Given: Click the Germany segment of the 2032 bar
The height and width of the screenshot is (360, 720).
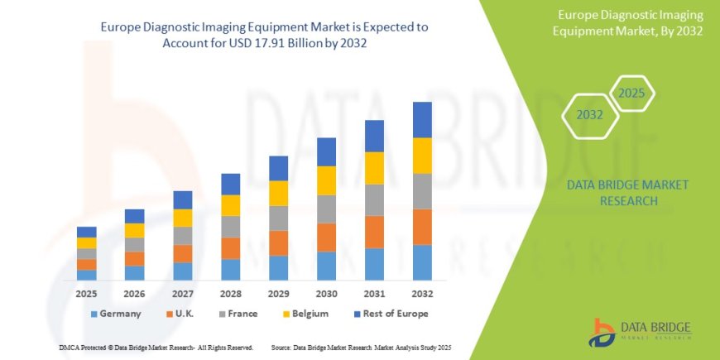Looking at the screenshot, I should [x=422, y=262].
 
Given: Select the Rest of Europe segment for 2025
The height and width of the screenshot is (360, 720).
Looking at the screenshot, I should [x=86, y=232].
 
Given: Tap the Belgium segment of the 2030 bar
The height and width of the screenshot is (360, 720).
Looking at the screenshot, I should [x=326, y=180].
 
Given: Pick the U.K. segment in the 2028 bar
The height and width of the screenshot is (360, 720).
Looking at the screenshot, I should [x=230, y=248].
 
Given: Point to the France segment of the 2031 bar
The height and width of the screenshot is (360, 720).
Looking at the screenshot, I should [x=374, y=200].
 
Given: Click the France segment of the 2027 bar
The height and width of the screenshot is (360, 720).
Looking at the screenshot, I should [x=182, y=236].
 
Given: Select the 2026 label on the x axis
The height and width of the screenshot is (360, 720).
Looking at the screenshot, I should [x=134, y=293].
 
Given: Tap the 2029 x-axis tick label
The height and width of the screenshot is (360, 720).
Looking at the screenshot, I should [x=278, y=293].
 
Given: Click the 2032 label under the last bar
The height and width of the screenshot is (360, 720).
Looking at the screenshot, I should [x=422, y=293].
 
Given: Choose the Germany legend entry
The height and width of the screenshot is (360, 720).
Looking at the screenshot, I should [x=116, y=314].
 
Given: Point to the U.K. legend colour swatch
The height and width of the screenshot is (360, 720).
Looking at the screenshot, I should [x=169, y=314].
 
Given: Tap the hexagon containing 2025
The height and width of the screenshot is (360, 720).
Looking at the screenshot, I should [x=631, y=94].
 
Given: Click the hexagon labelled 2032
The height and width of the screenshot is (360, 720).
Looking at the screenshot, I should [x=589, y=115].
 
